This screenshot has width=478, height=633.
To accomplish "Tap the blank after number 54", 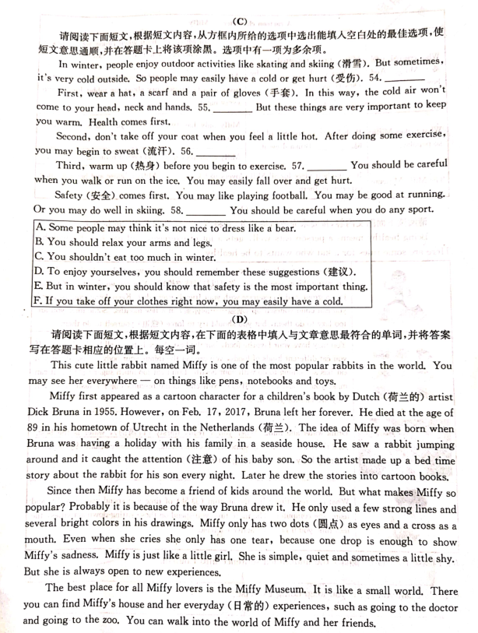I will pos(405,78).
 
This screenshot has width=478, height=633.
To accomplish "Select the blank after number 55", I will pos(232,107).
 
